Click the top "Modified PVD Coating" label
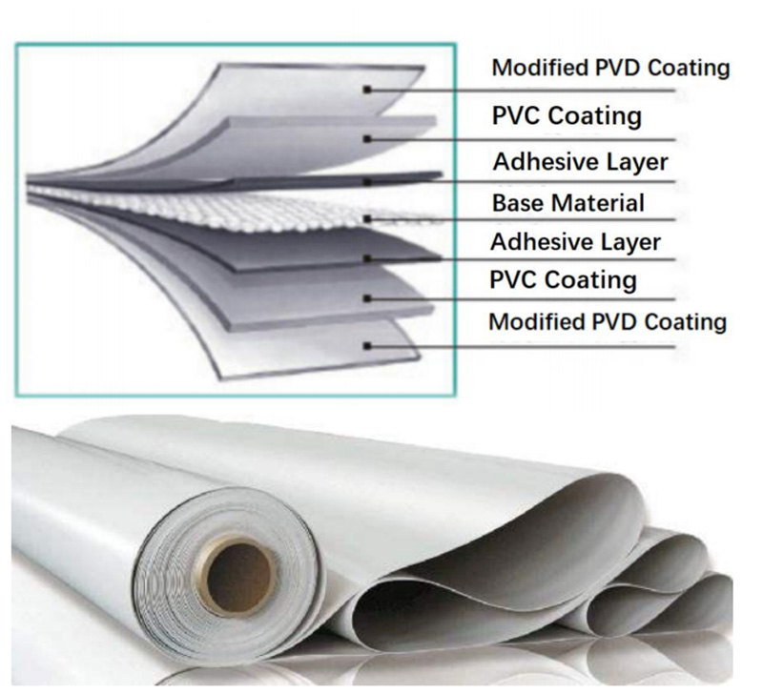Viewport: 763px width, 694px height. (x=610, y=68)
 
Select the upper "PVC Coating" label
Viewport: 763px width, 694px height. (x=567, y=115)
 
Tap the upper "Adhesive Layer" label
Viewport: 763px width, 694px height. (x=581, y=161)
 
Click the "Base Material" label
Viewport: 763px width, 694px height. (x=568, y=203)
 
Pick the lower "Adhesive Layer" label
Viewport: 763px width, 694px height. (x=576, y=242)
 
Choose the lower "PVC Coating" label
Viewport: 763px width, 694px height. (x=563, y=279)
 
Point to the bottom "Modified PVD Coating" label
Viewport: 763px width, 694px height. (x=608, y=322)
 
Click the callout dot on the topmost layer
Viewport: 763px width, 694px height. (x=368, y=90)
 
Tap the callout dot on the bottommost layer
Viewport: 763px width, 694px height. (x=368, y=346)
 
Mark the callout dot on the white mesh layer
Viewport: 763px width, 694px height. (x=368, y=219)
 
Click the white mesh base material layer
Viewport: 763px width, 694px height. (x=234, y=210)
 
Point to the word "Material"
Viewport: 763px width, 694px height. (x=591, y=203)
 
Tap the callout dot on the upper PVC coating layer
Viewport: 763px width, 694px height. (x=368, y=139)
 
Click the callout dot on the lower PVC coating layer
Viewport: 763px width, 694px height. (x=368, y=298)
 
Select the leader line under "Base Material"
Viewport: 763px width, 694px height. (x=522, y=219)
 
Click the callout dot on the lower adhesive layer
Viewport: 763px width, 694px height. (x=368, y=258)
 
